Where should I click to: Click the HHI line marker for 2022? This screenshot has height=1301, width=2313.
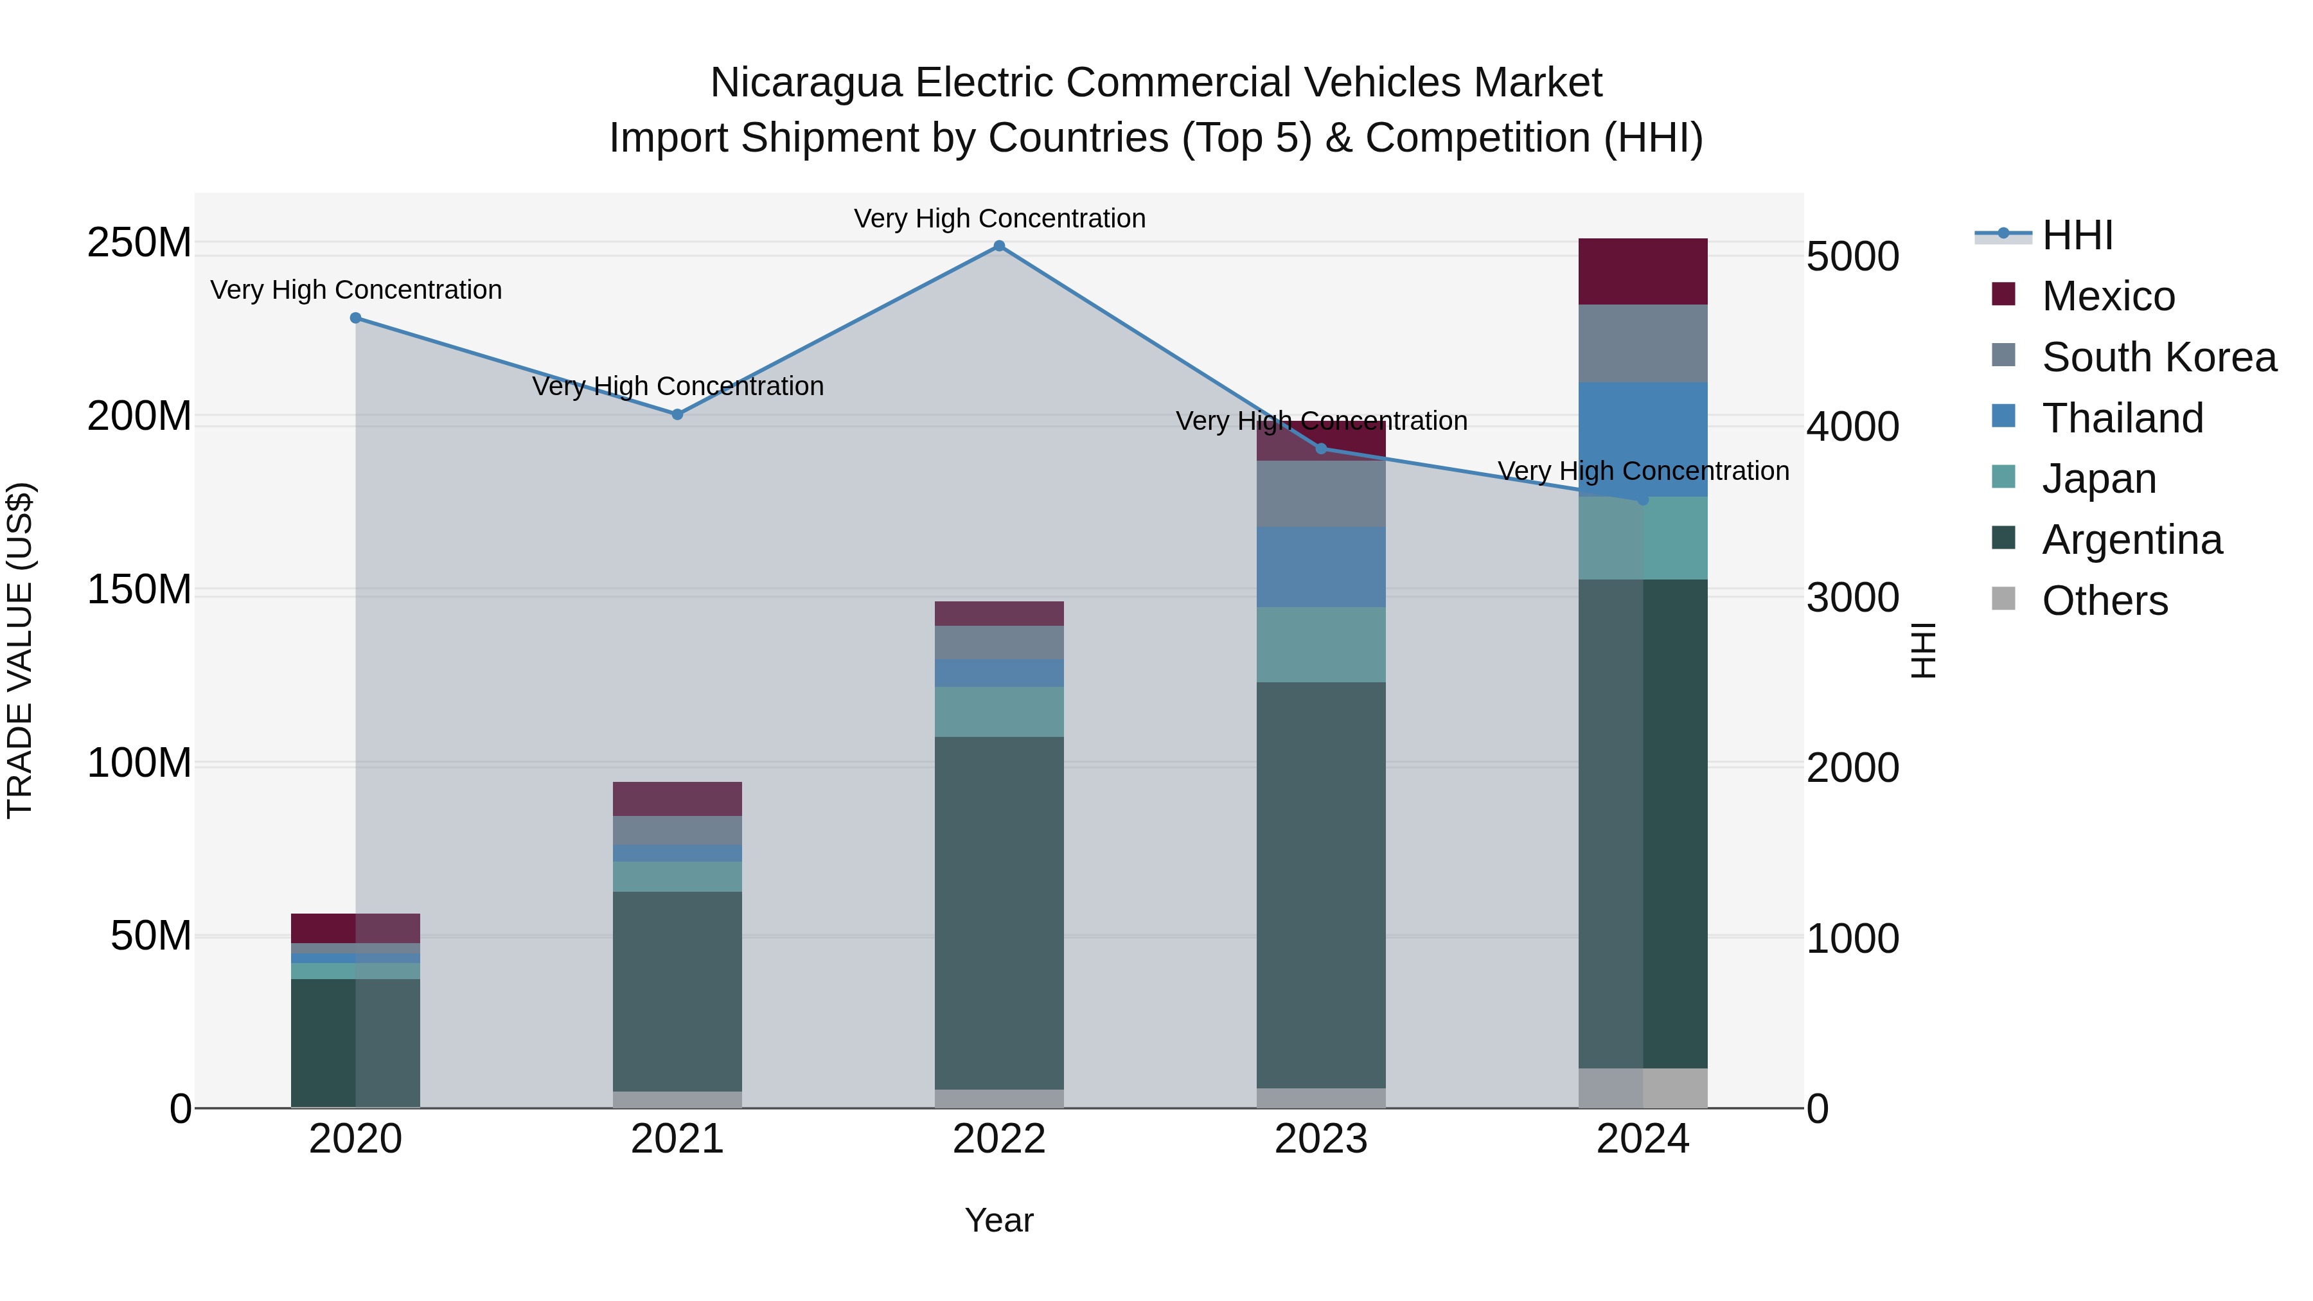[998, 246]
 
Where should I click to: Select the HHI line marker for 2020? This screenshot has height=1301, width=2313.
[355, 318]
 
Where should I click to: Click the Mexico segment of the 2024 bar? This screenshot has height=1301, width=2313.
[1643, 271]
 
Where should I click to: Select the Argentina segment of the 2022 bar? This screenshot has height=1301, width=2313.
[998, 911]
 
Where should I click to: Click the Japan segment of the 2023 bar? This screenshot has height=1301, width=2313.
[1321, 644]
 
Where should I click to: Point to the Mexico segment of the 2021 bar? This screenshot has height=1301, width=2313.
[678, 798]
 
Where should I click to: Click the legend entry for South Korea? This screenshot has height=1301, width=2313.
[2159, 357]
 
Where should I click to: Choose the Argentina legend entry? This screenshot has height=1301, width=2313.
[2132, 540]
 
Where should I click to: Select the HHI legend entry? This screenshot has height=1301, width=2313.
[2077, 235]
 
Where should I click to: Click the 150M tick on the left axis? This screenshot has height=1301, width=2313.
[139, 590]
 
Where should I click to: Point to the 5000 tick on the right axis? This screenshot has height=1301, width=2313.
[1852, 257]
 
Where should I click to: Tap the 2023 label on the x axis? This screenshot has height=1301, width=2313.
[1321, 1139]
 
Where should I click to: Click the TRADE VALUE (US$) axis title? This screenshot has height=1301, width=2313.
[20, 650]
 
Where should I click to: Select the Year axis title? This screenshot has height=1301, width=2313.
[998, 1220]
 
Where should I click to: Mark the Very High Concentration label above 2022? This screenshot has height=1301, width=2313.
[998, 218]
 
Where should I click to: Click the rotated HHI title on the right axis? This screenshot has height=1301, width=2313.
[1922, 650]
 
